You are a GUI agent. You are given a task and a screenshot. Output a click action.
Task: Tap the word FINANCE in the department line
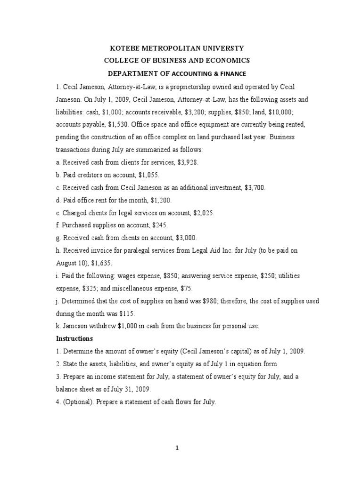click(231, 73)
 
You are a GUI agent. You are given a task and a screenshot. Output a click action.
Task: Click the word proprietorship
click(197, 88)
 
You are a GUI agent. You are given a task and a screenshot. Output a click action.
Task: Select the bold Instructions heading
click(75, 338)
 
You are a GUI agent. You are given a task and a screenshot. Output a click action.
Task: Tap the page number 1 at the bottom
click(178, 448)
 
